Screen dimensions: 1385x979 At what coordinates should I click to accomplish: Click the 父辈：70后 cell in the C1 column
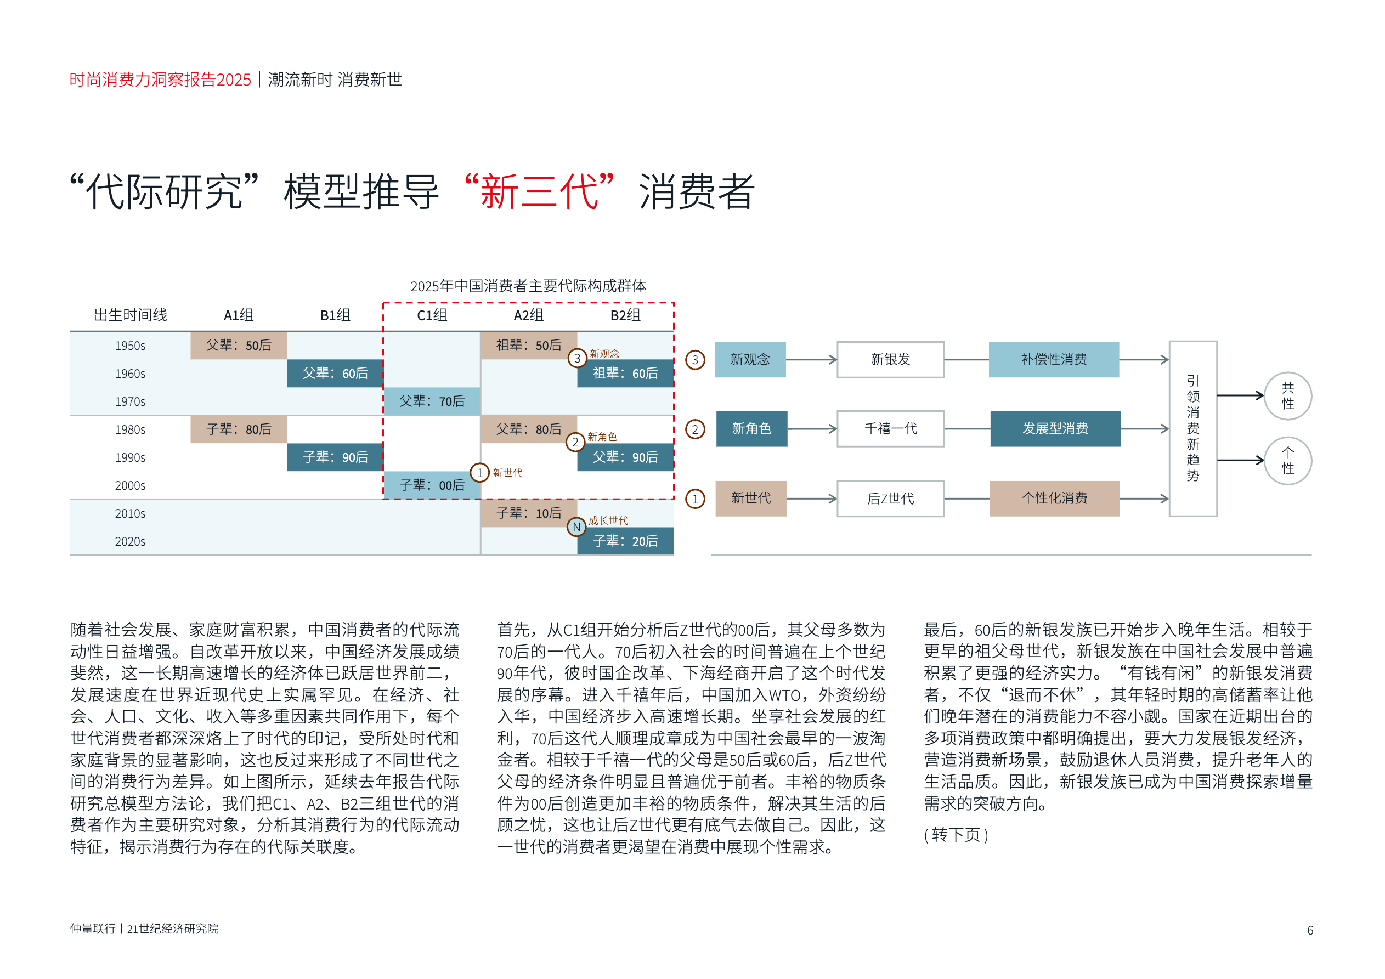tap(432, 401)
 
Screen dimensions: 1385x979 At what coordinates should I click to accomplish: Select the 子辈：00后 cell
tap(432, 485)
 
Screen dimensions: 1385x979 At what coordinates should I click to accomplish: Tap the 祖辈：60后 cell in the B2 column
tap(625, 374)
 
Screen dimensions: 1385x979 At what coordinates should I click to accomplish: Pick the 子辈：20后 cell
tap(625, 541)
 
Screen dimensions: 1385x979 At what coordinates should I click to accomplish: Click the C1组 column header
tap(432, 315)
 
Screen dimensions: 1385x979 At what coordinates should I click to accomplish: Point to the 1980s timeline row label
tap(131, 429)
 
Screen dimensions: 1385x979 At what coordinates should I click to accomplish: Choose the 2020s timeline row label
tap(131, 542)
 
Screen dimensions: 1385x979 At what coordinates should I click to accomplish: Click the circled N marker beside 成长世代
tap(576, 527)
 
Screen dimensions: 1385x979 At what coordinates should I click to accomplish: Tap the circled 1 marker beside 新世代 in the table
tap(479, 473)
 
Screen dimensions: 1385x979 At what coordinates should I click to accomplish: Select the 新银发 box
tap(890, 359)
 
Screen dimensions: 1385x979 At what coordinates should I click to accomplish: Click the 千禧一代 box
tap(890, 429)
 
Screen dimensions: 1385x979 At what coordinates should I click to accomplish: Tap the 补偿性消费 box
tap(1054, 359)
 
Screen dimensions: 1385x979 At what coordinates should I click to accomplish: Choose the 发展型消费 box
tap(1055, 429)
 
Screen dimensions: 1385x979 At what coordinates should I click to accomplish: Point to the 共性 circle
tap(1288, 395)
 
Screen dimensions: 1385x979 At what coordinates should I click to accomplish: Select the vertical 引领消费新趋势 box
tap(1193, 429)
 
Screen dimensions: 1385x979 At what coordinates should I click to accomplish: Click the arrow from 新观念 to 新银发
tap(811, 359)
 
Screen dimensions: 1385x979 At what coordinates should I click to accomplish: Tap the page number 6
tap(1310, 930)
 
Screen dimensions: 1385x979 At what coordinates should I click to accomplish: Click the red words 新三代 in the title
tap(539, 192)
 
